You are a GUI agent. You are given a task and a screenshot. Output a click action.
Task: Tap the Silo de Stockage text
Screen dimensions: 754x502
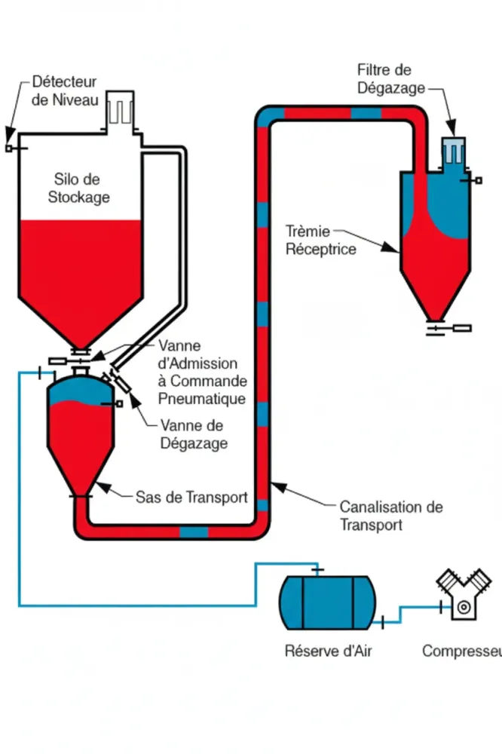tap(79, 188)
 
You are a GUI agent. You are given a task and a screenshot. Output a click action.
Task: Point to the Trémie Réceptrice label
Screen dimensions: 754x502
tap(321, 240)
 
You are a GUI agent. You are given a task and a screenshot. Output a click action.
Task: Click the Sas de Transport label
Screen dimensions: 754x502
tap(191, 497)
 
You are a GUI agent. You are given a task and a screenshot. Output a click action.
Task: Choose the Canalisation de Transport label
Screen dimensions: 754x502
tap(391, 516)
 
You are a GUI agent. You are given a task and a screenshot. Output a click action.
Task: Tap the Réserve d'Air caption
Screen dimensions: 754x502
tap(328, 651)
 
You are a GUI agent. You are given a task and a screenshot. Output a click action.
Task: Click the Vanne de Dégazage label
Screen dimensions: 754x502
tap(194, 434)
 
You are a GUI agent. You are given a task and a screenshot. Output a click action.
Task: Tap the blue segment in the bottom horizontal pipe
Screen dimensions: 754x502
tap(194, 532)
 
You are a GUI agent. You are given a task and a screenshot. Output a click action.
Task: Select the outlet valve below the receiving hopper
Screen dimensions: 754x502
tap(449, 329)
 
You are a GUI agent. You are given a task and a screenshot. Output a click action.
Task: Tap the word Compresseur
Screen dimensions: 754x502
tap(461, 651)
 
